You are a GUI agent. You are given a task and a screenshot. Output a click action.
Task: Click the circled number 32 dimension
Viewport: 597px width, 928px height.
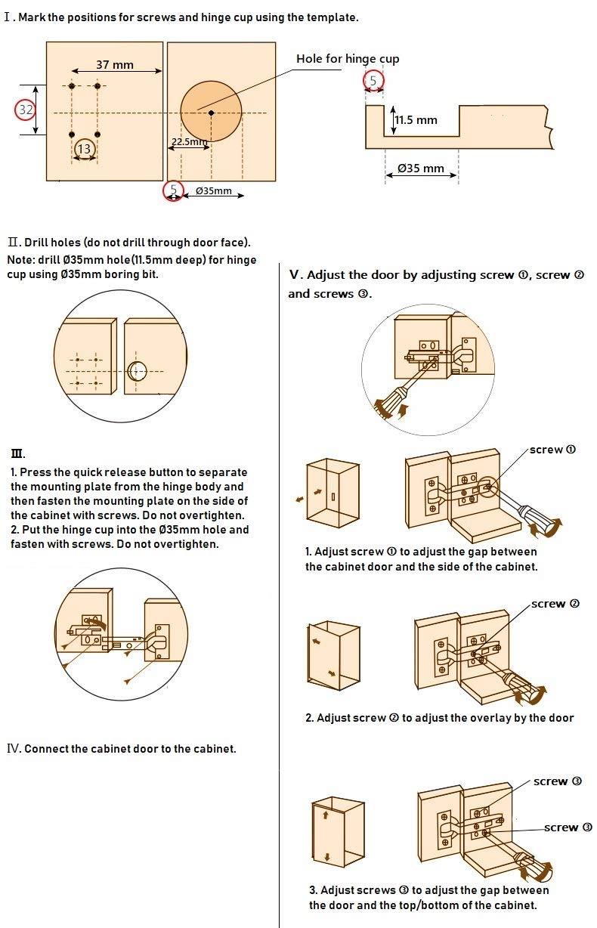click(x=26, y=110)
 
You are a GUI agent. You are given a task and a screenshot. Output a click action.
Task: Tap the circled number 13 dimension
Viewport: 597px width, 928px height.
click(x=84, y=149)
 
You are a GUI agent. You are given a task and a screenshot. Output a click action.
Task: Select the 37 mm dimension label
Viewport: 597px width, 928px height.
click(x=115, y=65)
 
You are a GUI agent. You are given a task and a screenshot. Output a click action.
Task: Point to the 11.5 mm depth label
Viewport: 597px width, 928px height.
click(x=416, y=120)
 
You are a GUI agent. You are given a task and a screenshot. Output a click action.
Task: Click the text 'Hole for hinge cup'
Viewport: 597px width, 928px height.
click(x=348, y=59)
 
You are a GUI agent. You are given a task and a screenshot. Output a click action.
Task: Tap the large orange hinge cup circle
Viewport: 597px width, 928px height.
click(x=211, y=112)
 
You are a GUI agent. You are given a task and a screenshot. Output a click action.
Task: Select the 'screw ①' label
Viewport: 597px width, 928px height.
click(x=552, y=450)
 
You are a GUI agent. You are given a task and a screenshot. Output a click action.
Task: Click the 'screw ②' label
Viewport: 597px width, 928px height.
click(x=555, y=604)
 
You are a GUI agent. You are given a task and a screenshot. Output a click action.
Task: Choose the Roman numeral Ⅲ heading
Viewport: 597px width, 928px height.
click(x=17, y=454)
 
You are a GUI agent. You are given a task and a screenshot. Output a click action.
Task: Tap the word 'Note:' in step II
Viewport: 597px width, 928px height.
click(x=17, y=260)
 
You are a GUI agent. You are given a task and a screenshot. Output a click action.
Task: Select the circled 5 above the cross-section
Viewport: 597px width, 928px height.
click(x=373, y=81)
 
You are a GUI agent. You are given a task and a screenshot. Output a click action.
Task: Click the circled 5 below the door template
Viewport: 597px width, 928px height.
click(x=174, y=190)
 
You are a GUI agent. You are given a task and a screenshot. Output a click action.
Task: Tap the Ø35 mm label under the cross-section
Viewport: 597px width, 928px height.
click(x=421, y=168)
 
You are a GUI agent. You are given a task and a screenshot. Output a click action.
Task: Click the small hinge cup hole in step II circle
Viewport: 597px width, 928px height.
click(x=138, y=371)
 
